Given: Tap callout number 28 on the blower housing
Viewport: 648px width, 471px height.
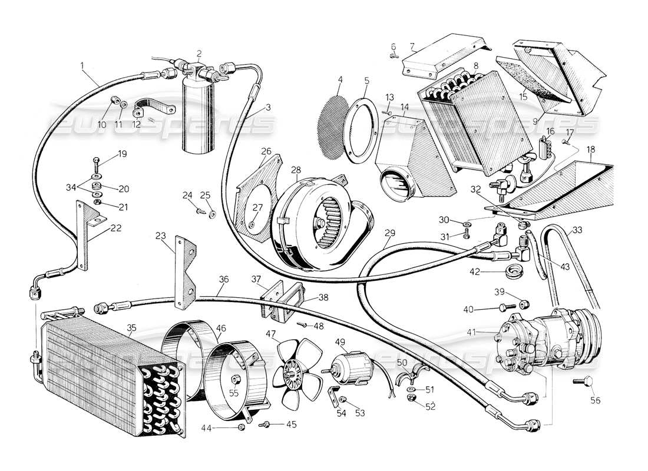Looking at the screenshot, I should click(296, 171).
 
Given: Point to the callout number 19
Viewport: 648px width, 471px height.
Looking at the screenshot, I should click(122, 154).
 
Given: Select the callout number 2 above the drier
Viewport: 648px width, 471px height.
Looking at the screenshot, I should click(199, 53).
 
